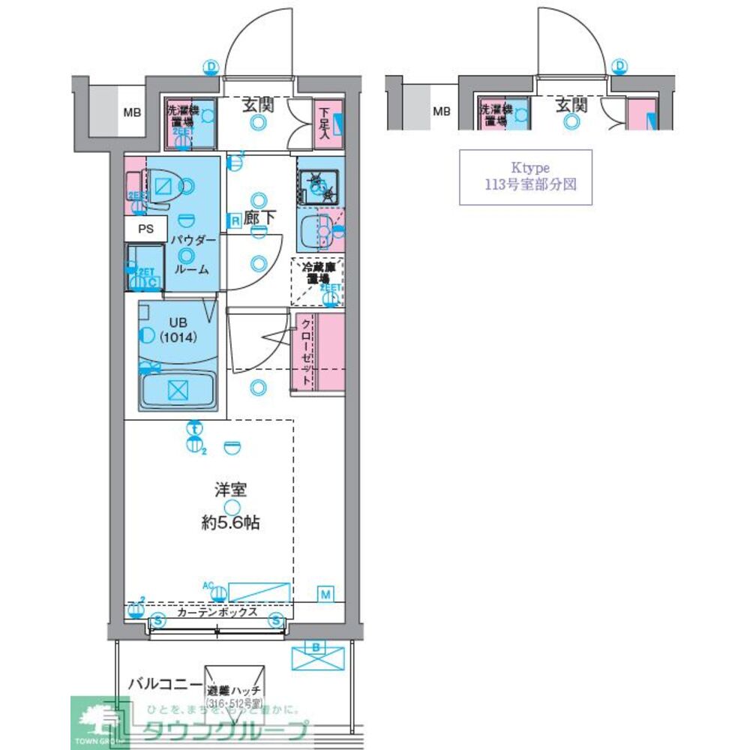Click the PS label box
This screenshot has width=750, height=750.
pos(145,229)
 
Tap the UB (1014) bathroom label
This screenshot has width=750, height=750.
pos(177,331)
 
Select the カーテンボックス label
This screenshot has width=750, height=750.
pos(217,612)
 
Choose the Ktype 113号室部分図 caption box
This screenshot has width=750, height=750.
pos(525,177)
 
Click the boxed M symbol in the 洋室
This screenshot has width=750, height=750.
pos(325,595)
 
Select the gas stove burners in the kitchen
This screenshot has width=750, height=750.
pos(318,182)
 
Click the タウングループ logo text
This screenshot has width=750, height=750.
pos(225,729)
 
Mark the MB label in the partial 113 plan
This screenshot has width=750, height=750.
pos(442,112)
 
